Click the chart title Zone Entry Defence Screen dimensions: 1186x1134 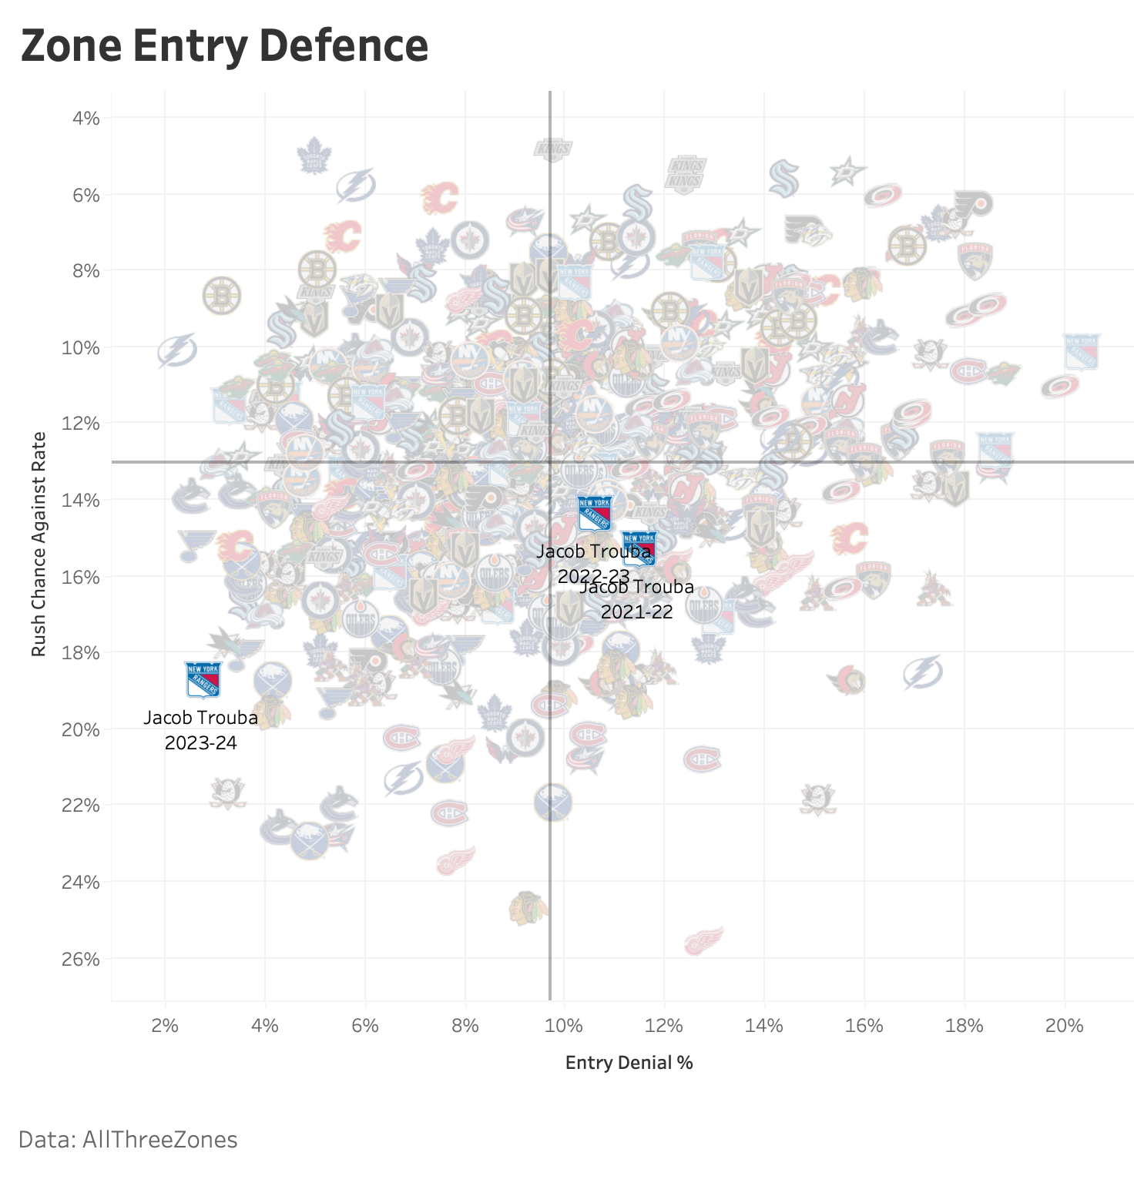point(224,45)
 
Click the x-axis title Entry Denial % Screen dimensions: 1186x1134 point(629,1063)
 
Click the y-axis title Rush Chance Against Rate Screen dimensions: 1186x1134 point(39,544)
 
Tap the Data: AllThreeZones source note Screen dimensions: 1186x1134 point(128,1139)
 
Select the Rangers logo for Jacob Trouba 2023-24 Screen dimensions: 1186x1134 point(203,679)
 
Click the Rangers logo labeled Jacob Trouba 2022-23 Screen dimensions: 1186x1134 point(595,513)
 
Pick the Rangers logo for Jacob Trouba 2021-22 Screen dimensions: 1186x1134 point(639,548)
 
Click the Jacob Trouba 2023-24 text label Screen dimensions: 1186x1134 point(200,729)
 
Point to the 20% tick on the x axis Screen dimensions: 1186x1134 point(1064,1026)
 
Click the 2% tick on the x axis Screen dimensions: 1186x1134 point(165,1026)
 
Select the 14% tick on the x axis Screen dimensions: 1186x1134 point(764,1026)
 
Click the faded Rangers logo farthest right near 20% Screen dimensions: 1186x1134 point(1081,351)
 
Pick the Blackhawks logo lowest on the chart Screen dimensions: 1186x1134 point(528,908)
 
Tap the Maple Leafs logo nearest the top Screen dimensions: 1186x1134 point(314,156)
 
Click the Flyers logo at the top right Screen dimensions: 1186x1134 point(973,204)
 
